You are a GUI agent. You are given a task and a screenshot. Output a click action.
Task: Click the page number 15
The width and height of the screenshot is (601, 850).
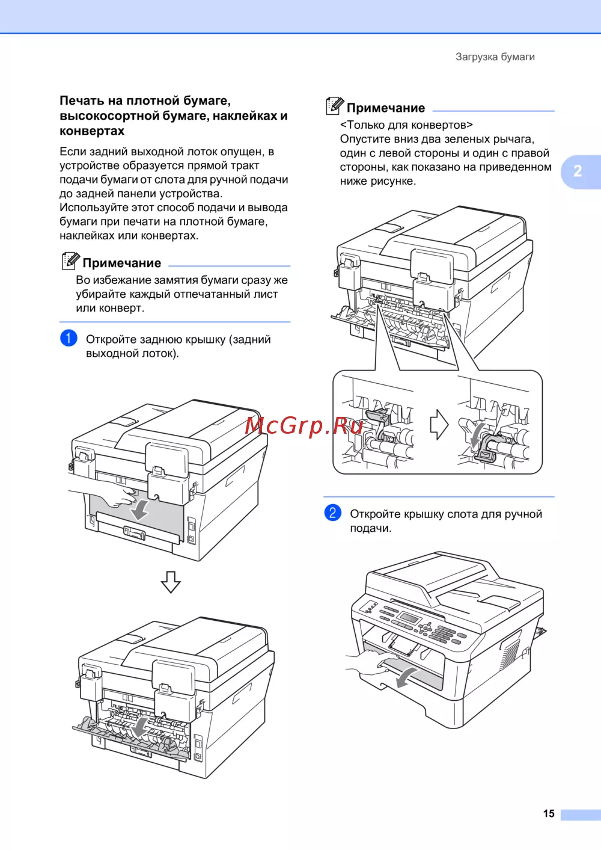coord(549,813)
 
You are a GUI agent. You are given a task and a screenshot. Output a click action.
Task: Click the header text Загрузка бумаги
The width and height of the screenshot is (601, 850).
coord(495,57)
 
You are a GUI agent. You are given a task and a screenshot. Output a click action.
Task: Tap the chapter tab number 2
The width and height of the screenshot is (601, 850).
coord(578,171)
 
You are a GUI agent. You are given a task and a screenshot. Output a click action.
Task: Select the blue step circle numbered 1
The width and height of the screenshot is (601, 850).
coord(69,337)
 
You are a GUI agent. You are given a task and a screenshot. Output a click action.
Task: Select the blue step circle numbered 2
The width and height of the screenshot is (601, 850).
coord(332,513)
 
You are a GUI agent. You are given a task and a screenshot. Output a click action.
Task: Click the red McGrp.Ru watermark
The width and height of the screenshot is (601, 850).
coord(304,425)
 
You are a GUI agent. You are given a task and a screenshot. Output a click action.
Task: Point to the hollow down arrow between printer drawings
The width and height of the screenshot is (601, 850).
coord(171,582)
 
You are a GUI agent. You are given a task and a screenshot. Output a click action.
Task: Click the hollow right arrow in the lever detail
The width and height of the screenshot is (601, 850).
coord(439,425)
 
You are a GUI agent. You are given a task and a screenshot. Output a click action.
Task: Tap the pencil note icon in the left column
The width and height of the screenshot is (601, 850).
coord(70,260)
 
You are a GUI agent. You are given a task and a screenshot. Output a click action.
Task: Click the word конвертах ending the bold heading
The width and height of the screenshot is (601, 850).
coord(92,131)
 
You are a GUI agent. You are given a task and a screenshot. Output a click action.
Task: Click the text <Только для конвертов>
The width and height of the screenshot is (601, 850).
coord(406,125)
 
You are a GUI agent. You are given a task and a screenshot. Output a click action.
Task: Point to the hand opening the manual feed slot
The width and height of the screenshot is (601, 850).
coord(370,662)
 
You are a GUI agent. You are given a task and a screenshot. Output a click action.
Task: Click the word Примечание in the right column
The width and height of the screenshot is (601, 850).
coord(386,108)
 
